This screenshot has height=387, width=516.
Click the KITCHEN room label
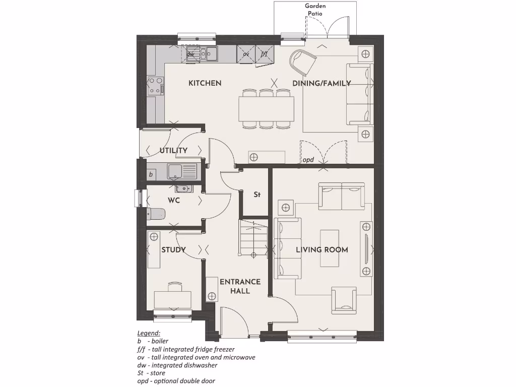(205, 83)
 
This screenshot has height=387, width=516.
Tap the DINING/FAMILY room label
(321, 83)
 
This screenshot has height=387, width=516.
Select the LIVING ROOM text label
(321, 249)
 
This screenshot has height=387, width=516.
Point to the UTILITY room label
(173, 150)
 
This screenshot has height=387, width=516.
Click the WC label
(174, 201)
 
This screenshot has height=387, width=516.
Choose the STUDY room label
(173, 249)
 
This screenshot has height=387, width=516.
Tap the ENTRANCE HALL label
(240, 286)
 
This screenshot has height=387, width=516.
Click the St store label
(256, 195)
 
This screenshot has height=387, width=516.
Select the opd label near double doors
(308, 160)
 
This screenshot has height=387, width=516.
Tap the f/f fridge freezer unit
(264, 53)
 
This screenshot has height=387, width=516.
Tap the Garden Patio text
(315, 10)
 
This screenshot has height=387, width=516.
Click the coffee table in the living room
(330, 249)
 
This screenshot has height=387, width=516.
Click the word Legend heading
(149, 333)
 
